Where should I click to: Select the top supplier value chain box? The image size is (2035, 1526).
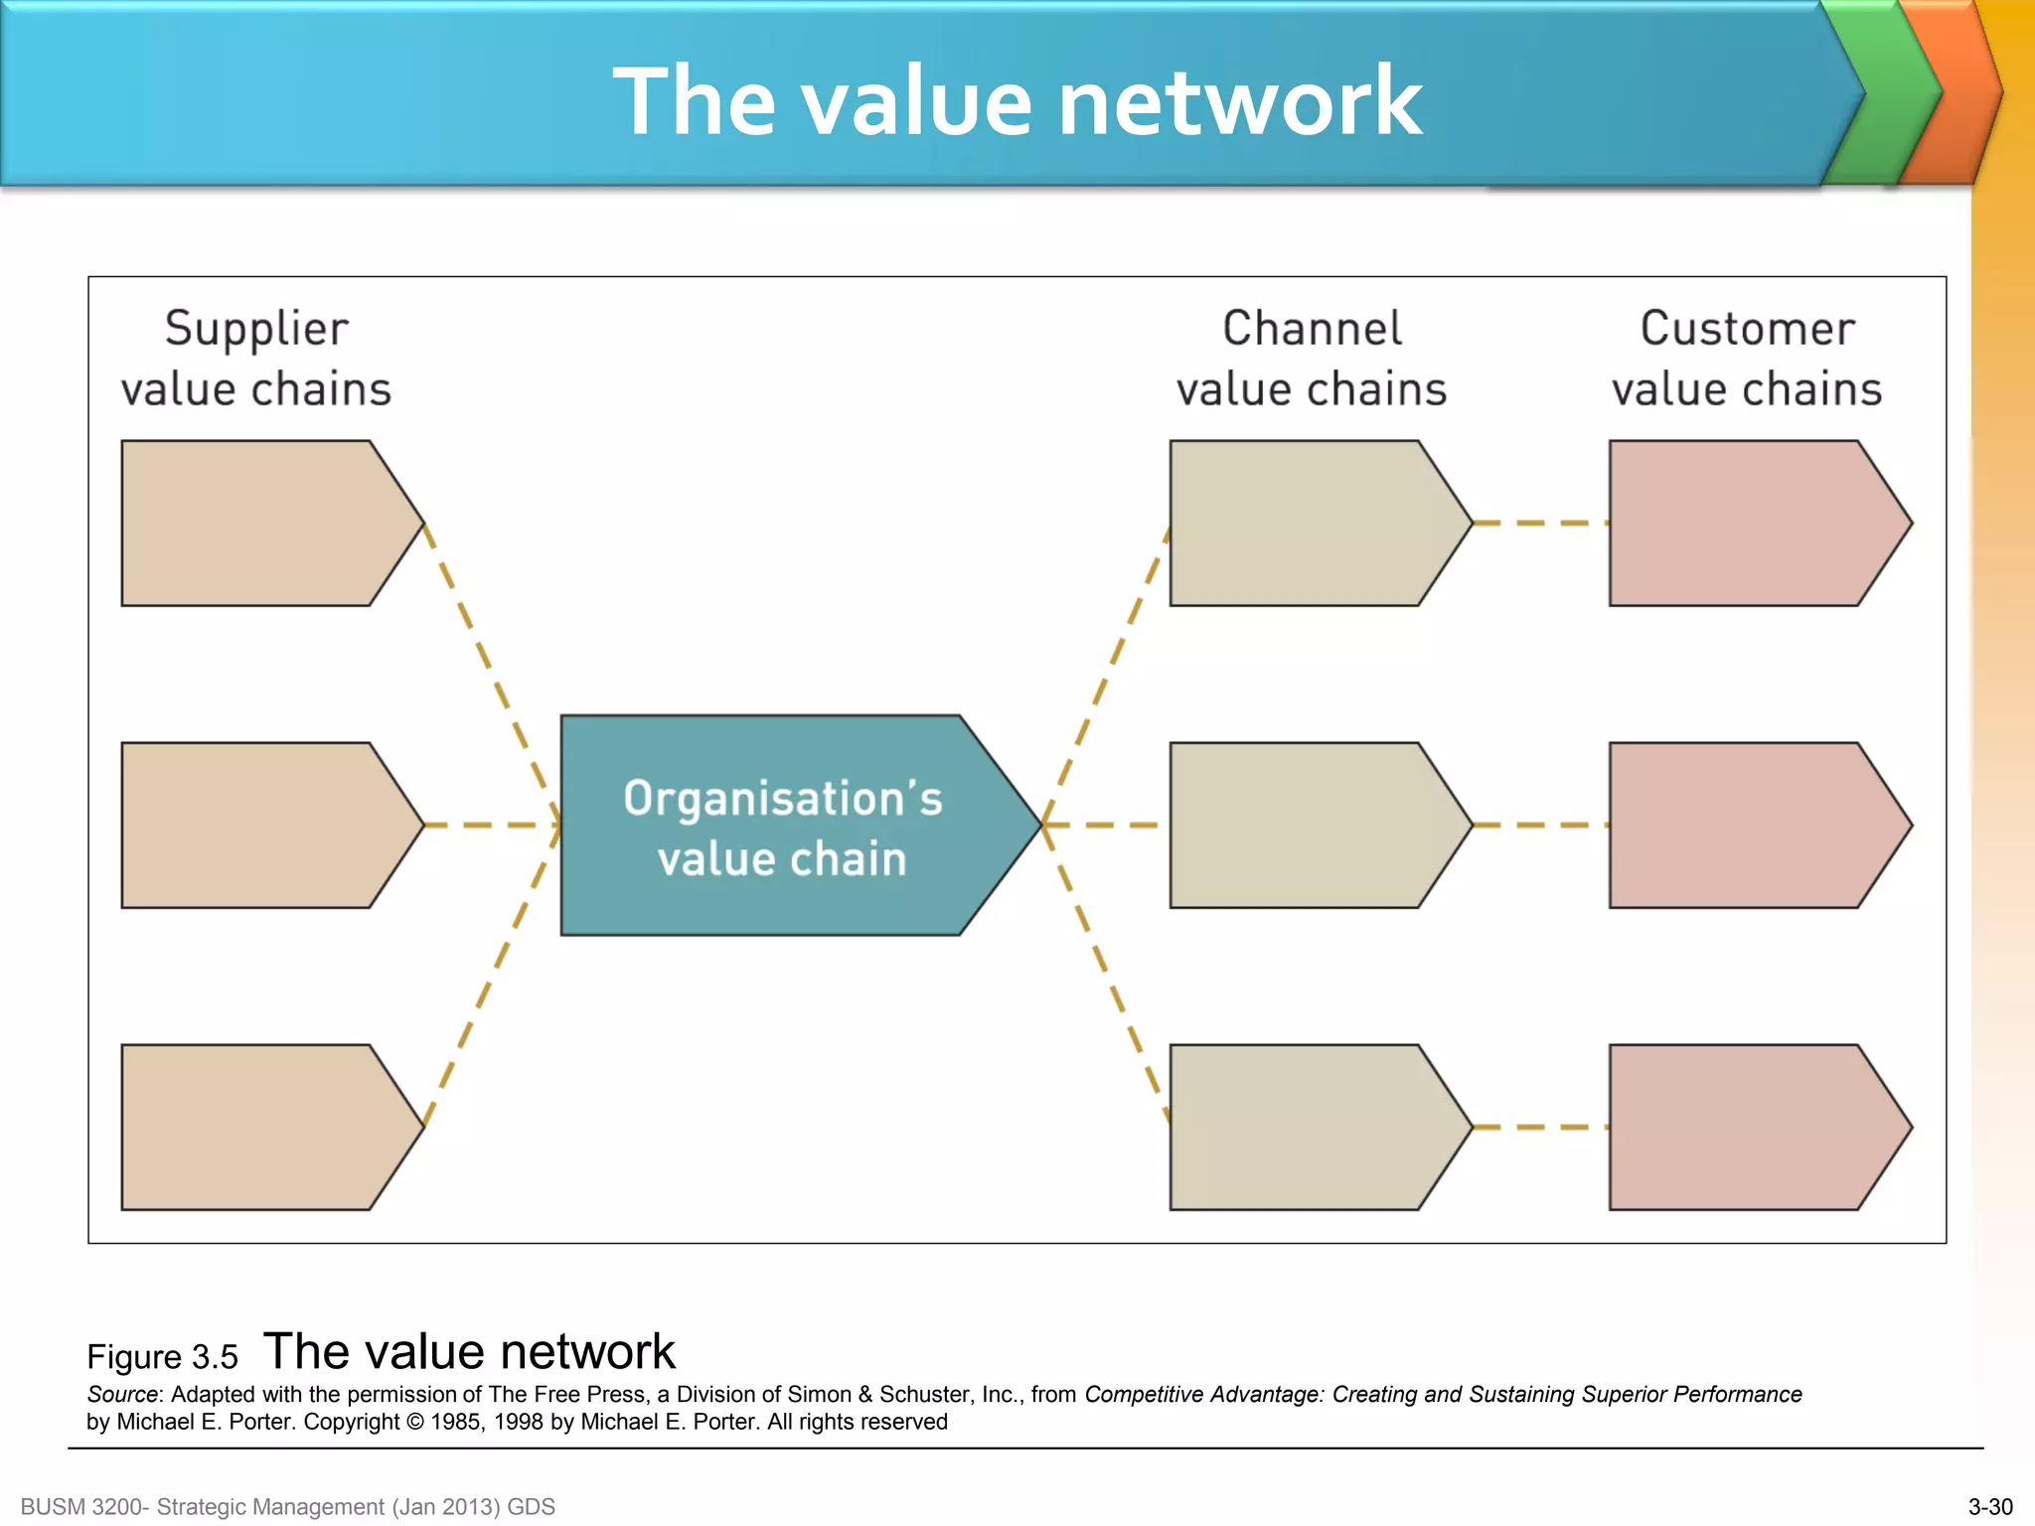pos(258,524)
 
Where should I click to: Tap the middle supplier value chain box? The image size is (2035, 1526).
pos(258,826)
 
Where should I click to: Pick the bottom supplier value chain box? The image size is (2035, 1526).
pos(258,1128)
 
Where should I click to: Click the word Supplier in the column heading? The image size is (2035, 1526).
pos(256,329)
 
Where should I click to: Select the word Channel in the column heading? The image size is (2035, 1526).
pos(1312,329)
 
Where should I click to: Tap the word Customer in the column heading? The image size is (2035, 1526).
pos(1747,329)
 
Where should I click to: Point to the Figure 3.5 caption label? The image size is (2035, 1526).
pos(162,1357)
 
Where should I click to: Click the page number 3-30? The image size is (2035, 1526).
pos(1990,1507)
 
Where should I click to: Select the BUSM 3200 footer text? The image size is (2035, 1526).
pos(287,1507)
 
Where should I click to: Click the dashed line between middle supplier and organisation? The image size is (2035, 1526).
pos(492,826)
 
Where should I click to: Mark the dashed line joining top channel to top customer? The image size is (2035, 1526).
pos(1540,524)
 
